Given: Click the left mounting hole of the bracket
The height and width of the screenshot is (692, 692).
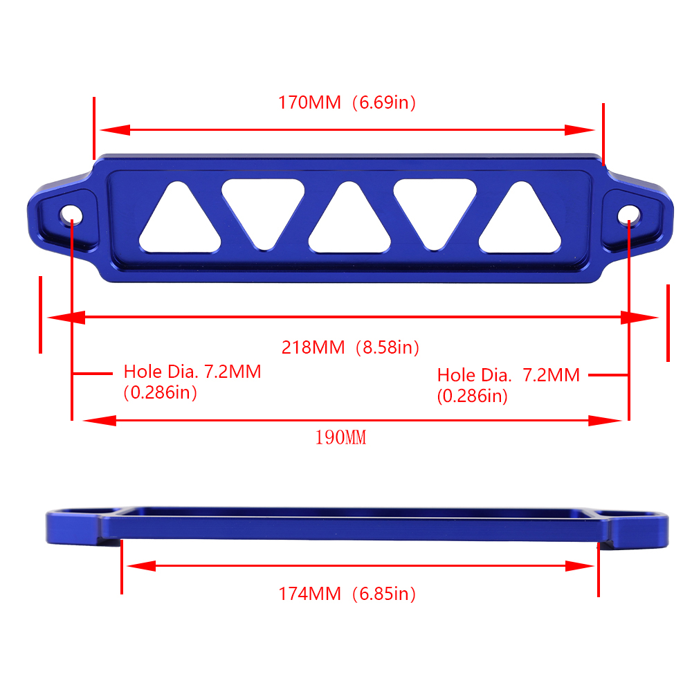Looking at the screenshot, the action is [71, 215].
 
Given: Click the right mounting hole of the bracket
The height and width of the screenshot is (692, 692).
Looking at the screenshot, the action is [629, 215].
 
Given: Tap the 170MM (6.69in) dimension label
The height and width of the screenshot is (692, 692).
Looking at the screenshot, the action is [347, 102].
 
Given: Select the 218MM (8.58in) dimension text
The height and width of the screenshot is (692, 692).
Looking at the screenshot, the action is [350, 348].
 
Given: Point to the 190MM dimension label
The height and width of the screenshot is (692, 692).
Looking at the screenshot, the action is [340, 437].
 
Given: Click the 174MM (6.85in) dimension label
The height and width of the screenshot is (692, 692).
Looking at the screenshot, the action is [347, 594].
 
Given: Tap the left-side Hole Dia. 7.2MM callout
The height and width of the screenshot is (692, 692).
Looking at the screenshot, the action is [192, 382].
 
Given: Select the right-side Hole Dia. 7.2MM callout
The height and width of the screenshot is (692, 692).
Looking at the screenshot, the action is [509, 385].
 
